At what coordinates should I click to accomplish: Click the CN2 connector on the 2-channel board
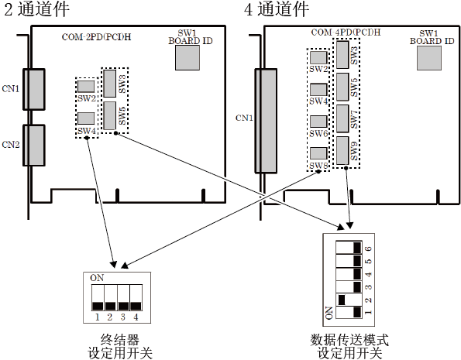point(34,146)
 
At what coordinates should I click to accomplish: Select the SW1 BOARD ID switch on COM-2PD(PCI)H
point(187,57)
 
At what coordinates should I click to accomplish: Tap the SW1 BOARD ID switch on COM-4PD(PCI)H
point(429,58)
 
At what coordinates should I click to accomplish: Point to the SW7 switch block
point(342,118)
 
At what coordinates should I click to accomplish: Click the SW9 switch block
point(342,150)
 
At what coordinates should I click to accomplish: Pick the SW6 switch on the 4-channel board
point(318,122)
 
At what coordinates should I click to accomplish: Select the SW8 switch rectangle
point(318,153)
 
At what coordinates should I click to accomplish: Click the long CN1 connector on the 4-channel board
point(266,121)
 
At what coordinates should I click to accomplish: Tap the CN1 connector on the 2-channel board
point(34,89)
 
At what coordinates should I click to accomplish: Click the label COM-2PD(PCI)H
point(96,37)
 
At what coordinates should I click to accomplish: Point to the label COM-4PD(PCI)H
point(346,32)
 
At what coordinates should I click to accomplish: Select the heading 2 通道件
point(37,9)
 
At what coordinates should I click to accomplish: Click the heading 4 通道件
point(277,9)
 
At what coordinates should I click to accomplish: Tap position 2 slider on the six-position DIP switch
point(342,300)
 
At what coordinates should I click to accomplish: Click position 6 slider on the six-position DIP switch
point(357,248)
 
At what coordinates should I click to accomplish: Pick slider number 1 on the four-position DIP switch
point(98,307)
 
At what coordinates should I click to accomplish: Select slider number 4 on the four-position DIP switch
point(136,307)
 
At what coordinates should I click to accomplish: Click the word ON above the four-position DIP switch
point(97,278)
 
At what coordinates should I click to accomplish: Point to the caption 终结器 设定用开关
point(120,347)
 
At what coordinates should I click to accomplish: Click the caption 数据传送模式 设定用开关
point(349,347)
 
